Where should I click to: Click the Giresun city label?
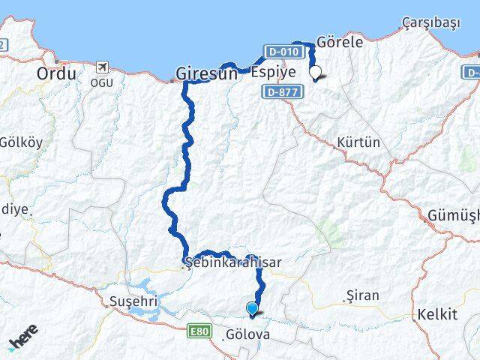(x=207, y=73)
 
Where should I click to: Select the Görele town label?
(x=340, y=43)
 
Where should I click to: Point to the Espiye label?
(x=273, y=73)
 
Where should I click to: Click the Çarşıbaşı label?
(x=430, y=22)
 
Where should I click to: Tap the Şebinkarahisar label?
(x=232, y=263)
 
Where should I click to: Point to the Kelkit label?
(x=437, y=313)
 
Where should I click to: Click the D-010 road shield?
(x=283, y=52)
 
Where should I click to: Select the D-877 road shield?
(x=280, y=91)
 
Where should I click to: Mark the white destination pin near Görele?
(x=316, y=73)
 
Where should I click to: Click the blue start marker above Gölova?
(x=252, y=307)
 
